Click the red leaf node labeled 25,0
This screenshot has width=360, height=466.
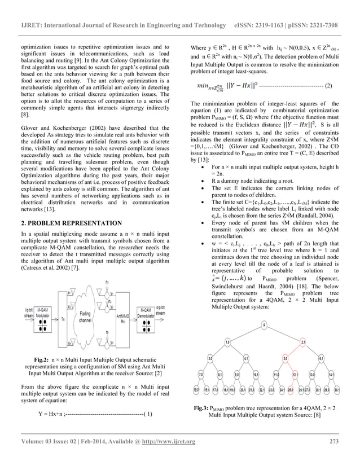coord(290,389)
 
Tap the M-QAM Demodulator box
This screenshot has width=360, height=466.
coord(145,314)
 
